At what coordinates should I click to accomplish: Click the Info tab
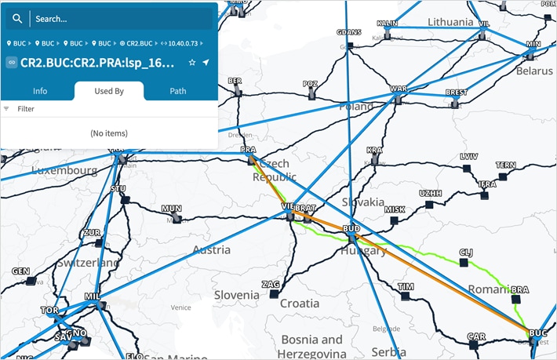[40, 91]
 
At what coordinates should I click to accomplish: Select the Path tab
[178, 91]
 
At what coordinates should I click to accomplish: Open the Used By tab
[109, 91]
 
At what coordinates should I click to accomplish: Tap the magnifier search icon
[17, 18]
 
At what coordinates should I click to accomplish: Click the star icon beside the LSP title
[191, 62]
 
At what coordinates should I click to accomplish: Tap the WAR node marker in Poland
[399, 98]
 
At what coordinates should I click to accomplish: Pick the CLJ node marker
[464, 262]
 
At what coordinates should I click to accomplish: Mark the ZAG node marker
[274, 293]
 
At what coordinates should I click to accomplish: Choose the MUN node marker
[176, 218]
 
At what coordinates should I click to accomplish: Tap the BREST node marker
[455, 102]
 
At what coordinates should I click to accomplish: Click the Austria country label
[211, 250]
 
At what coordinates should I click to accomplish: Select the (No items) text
[109, 133]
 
